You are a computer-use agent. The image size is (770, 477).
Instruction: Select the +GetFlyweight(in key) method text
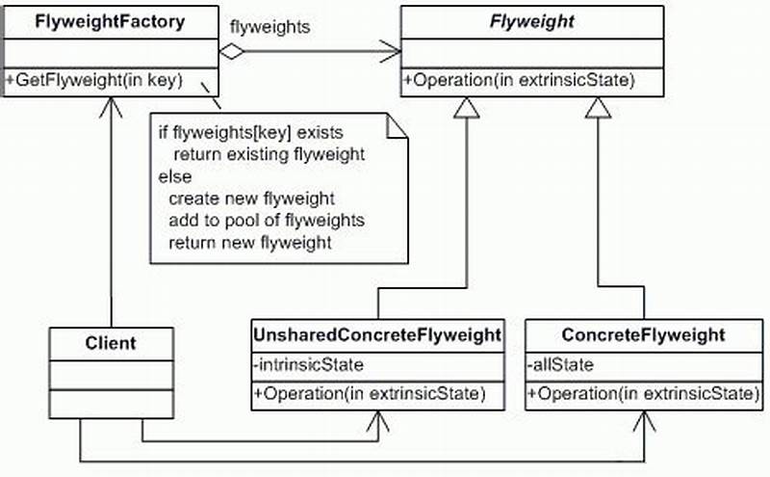point(94,81)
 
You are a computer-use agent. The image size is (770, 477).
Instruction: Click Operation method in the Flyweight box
point(520,81)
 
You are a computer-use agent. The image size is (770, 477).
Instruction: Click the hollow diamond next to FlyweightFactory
point(232,50)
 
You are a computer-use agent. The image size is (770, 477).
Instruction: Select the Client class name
point(111,342)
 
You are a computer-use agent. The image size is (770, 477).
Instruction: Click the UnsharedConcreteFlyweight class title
point(377,335)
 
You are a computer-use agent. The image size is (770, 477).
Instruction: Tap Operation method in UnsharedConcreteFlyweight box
point(377,393)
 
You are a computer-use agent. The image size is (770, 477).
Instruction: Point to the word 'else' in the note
point(175,176)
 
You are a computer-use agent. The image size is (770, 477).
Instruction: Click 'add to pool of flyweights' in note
point(266,221)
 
